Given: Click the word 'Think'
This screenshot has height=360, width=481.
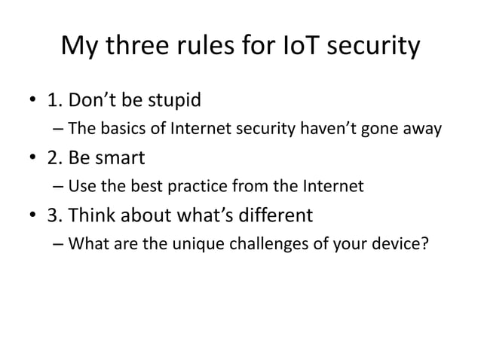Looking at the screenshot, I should (x=90, y=217).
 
